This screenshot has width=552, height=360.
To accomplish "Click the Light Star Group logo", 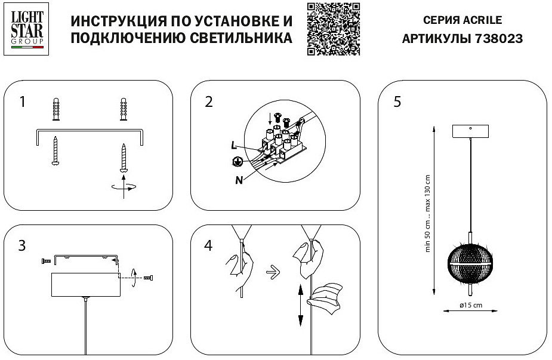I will pos(27,28).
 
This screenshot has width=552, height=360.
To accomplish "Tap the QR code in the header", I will pos(334,28).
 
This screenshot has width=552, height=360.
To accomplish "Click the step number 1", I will pos(23,102).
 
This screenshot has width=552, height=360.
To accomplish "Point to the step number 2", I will pos(208,102).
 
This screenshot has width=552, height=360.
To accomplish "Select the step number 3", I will pos(22,245).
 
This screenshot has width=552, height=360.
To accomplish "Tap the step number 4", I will pos(208,245).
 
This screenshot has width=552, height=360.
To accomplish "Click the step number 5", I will pos(397,102).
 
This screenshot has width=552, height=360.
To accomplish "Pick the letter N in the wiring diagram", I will pos(239,180).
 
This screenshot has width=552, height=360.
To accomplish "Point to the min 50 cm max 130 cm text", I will pos(427,213).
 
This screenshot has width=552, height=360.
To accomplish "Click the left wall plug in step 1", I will pos(55,109).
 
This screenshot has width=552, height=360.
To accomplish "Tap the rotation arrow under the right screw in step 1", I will pos(124,187).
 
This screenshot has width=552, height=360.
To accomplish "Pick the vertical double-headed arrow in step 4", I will pos(298,306).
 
